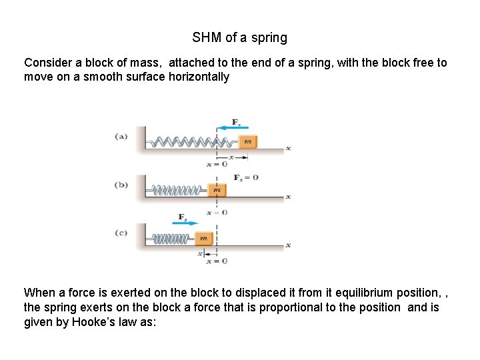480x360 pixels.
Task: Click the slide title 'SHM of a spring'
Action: (x=239, y=37)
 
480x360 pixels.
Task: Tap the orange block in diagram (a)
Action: (x=247, y=141)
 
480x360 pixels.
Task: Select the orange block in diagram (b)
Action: (x=216, y=190)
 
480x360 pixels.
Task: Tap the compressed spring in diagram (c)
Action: (x=173, y=238)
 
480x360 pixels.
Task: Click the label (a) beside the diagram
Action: (x=121, y=136)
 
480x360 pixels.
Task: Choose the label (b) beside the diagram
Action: (x=121, y=185)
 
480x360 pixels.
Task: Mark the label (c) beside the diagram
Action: (x=121, y=233)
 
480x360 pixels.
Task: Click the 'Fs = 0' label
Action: (x=246, y=177)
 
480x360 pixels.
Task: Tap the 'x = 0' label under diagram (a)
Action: (x=217, y=164)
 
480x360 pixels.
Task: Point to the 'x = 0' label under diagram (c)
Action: (x=217, y=261)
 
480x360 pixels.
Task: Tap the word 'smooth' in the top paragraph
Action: (x=104, y=77)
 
